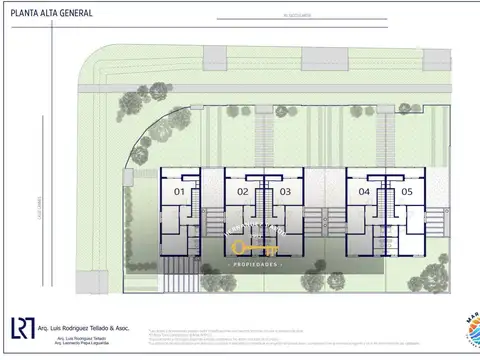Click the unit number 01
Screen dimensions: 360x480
pyautogui.click(x=180, y=191)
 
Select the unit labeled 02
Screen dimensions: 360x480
pyautogui.click(x=243, y=191)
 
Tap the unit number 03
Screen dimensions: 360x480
pyautogui.click(x=285, y=191)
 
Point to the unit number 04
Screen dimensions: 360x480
pyautogui.click(x=364, y=191)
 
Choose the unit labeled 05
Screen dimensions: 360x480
pyautogui.click(x=407, y=191)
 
